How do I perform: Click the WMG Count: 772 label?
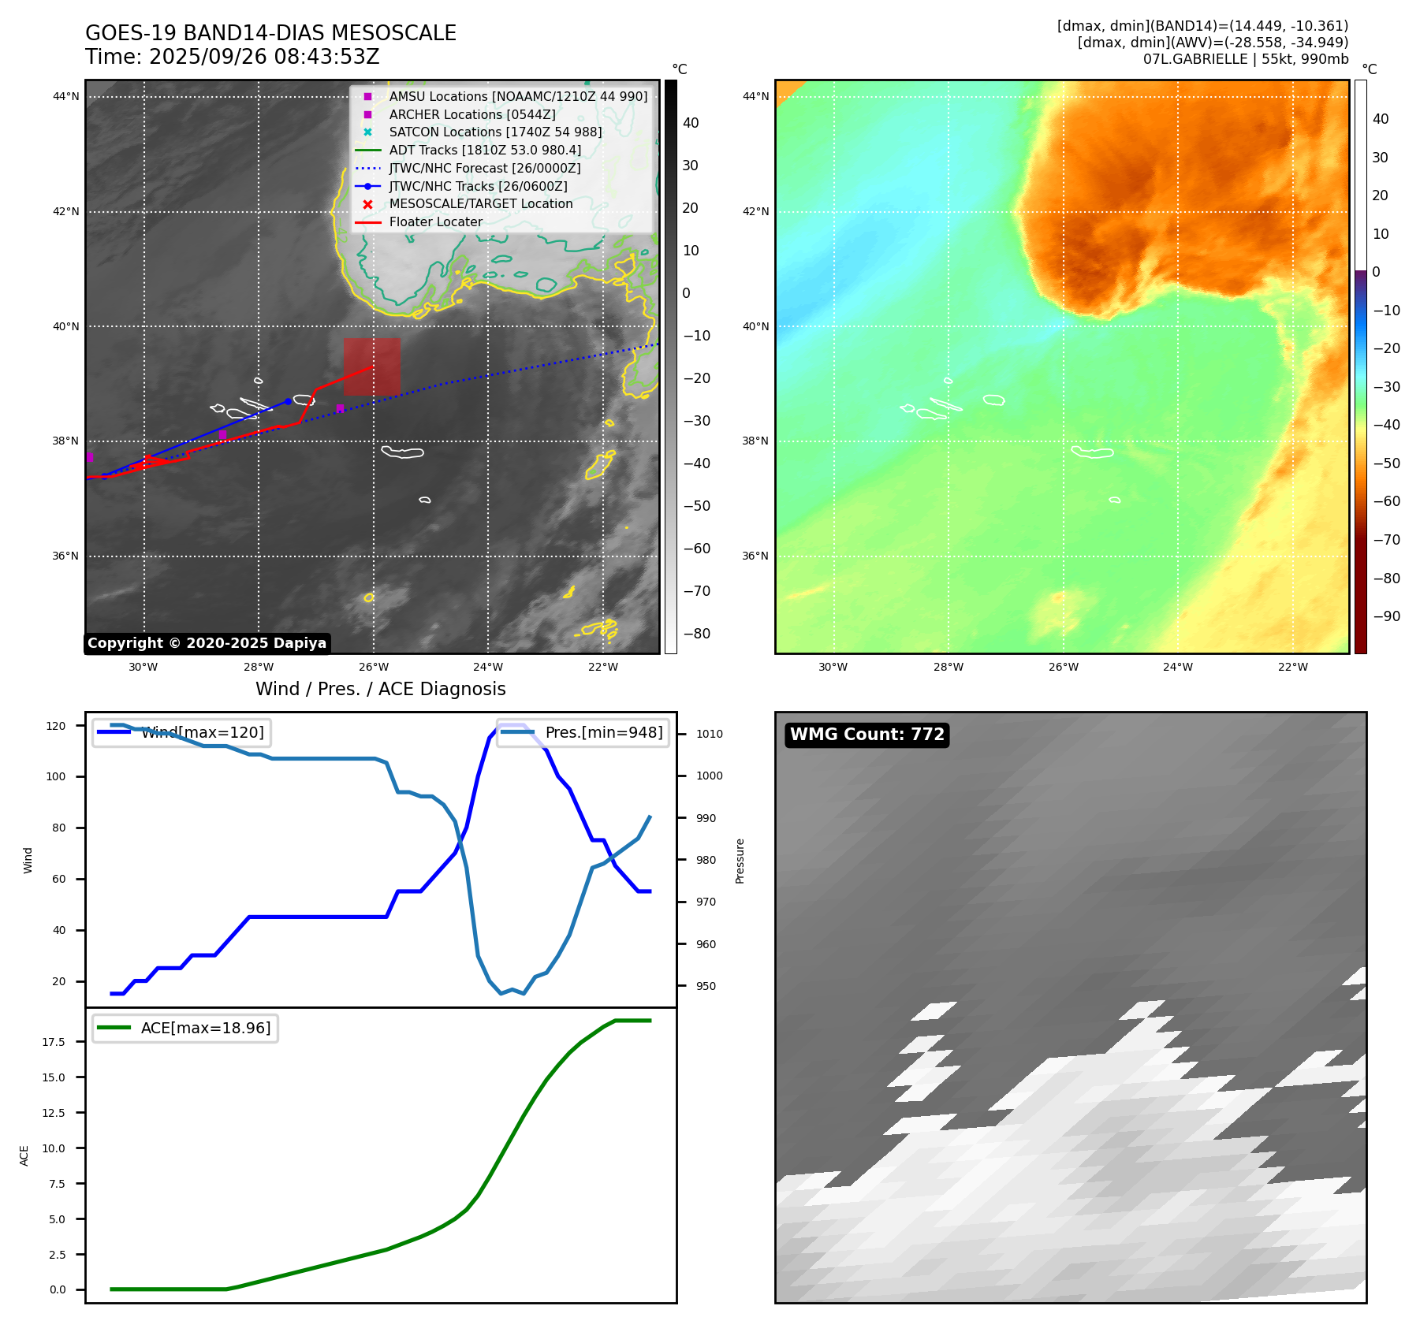pyautogui.click(x=867, y=735)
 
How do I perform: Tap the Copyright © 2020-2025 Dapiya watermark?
pyautogui.click(x=207, y=643)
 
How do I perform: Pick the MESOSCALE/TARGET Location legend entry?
pyautogui.click(x=480, y=204)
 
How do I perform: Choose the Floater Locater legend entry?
pyautogui.click(x=435, y=222)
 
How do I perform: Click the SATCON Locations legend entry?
pyautogui.click(x=494, y=132)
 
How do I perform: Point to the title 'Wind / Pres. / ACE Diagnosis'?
pyautogui.click(x=381, y=689)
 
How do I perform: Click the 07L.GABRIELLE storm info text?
pyautogui.click(x=1245, y=59)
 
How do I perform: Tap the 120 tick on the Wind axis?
pyautogui.click(x=56, y=726)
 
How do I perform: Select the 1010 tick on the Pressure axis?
pyautogui.click(x=709, y=734)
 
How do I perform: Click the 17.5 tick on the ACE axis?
pyautogui.click(x=54, y=1042)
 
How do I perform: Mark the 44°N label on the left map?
pyautogui.click(x=66, y=97)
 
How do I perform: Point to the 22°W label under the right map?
pyautogui.click(x=1292, y=668)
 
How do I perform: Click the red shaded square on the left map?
pyautogui.click(x=371, y=366)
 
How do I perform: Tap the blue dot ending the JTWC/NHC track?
pyautogui.click(x=288, y=401)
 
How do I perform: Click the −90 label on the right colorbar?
pyautogui.click(x=1386, y=616)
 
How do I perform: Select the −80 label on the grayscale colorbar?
pyautogui.click(x=696, y=634)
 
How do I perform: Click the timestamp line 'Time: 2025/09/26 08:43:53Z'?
pyautogui.click(x=233, y=58)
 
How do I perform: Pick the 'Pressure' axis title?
pyautogui.click(x=740, y=861)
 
